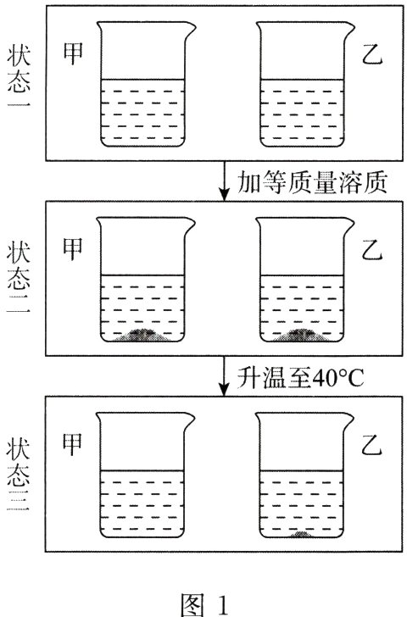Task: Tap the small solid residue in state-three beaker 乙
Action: pos(304,535)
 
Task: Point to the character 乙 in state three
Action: pos(372,447)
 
